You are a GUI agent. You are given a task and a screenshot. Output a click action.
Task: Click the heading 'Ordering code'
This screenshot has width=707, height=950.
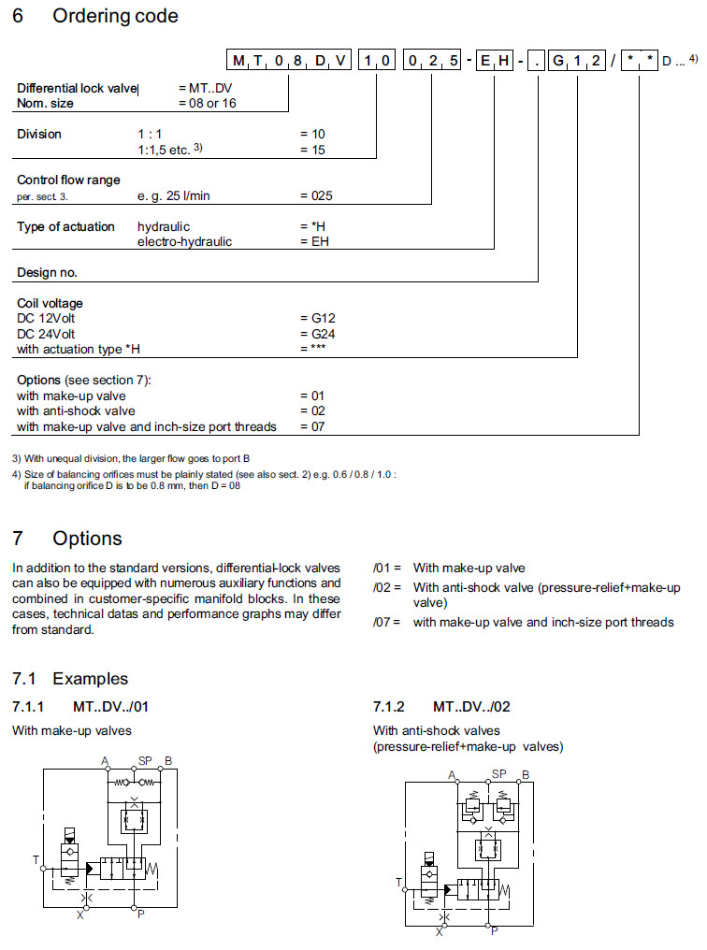pyautogui.click(x=115, y=16)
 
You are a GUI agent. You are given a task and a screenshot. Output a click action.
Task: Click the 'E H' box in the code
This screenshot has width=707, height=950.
pyautogui.click(x=494, y=62)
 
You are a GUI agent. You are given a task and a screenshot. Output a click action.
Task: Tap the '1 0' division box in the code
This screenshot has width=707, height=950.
pyautogui.click(x=376, y=62)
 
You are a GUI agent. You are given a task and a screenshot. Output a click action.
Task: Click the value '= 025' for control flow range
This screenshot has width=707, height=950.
pyautogui.click(x=316, y=195)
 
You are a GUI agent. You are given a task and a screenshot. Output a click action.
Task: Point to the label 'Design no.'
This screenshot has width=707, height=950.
pyautogui.click(x=47, y=273)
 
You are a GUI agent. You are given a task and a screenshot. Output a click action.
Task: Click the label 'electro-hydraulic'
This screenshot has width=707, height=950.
pyautogui.click(x=184, y=241)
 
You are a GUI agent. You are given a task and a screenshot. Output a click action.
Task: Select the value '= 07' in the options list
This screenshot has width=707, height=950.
pyautogui.click(x=312, y=426)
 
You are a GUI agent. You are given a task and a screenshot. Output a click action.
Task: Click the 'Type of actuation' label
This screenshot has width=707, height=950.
pyautogui.click(x=65, y=226)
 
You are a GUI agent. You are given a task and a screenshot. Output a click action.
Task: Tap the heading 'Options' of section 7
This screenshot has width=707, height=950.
pyautogui.click(x=87, y=539)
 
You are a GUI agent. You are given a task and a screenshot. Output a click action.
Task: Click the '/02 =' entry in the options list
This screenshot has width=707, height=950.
pyautogui.click(x=387, y=587)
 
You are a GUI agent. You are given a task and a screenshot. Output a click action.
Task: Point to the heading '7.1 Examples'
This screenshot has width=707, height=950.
pyautogui.click(x=70, y=678)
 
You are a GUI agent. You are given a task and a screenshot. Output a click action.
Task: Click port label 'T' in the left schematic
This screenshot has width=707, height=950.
pyautogui.click(x=35, y=857)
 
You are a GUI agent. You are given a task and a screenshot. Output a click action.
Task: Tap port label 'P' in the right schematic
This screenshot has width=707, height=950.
pyautogui.click(x=495, y=930)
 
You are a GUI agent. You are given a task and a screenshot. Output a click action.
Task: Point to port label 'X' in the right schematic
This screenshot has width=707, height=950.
pyautogui.click(x=440, y=930)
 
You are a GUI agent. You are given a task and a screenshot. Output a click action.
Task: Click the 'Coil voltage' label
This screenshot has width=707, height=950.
pyautogui.click(x=50, y=304)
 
